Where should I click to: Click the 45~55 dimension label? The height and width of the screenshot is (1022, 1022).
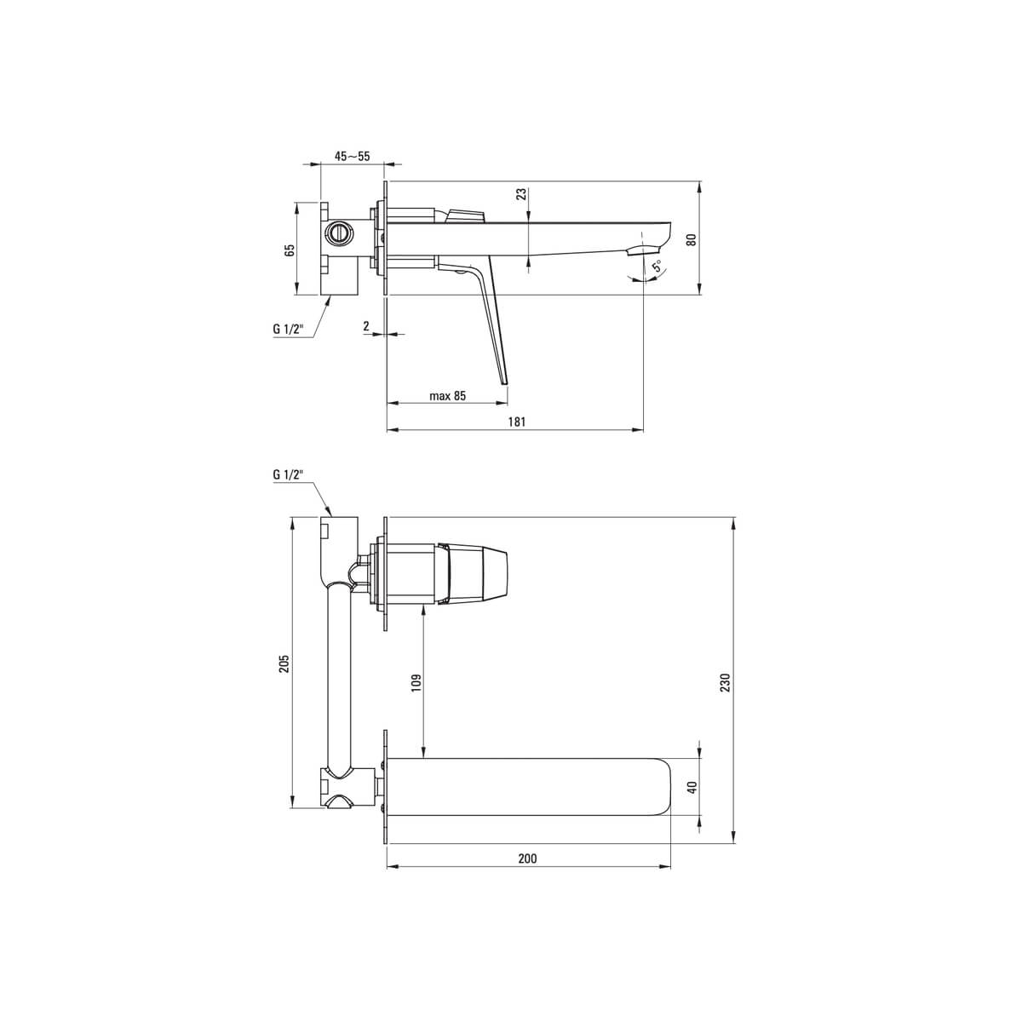click(x=352, y=157)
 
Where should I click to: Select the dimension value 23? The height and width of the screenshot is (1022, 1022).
click(x=521, y=194)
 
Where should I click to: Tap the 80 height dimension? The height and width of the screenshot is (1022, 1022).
click(x=691, y=239)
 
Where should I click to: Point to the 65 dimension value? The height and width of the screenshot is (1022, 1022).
click(x=290, y=250)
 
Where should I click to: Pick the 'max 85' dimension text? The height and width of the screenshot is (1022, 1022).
click(x=448, y=396)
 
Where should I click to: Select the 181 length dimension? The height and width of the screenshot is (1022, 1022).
click(x=517, y=422)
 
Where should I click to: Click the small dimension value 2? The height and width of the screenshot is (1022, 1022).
click(x=366, y=326)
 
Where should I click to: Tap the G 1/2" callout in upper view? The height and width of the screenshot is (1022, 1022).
click(x=288, y=329)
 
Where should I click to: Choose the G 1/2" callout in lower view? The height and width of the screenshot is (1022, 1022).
click(x=288, y=474)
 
